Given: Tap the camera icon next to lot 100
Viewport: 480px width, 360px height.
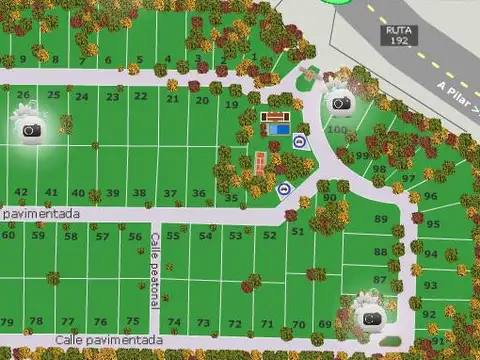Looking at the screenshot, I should pos(340,103).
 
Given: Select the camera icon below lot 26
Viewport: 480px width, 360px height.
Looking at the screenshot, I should pos(30,130).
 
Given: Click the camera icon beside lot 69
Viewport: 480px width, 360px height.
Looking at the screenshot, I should pos(370,318).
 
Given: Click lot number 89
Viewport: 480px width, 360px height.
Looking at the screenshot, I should pos(381,218).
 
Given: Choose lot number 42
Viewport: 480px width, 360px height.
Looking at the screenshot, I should pos(21,192).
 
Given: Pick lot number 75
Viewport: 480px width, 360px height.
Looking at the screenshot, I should pos(132,321).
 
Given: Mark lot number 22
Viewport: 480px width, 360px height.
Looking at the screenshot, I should pos(141,96).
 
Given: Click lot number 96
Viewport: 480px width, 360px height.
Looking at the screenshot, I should pos(430,196).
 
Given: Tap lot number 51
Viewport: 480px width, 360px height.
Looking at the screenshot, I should pos(297,231).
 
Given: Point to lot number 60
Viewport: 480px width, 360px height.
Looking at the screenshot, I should pos(9,235).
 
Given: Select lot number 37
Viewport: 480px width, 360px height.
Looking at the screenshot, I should pos(170,193).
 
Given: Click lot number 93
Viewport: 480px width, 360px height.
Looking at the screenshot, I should pos(430,286).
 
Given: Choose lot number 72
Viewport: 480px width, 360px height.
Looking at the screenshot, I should pos(235,324).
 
